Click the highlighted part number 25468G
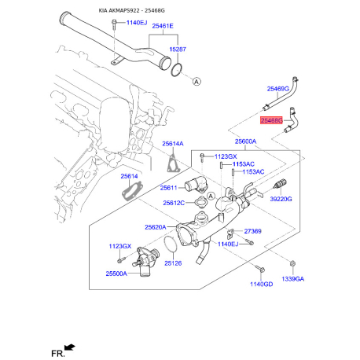point(272,120)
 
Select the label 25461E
point(163,26)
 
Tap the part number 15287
point(178,50)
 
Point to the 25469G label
point(278,89)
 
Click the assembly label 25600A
point(245,141)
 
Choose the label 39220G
point(281,199)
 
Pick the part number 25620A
point(156,227)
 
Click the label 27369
point(252,231)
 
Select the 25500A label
point(116,274)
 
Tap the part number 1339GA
point(293,279)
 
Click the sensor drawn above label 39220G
point(280,184)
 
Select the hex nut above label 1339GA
point(293,263)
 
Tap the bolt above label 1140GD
point(259,269)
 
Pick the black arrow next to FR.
point(70,347)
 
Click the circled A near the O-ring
point(197,82)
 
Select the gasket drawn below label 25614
point(132,192)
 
